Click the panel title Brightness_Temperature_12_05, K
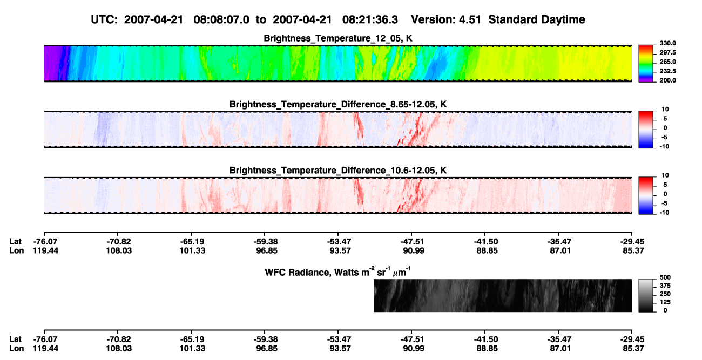[338, 38]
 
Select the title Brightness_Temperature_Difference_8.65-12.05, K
[338, 104]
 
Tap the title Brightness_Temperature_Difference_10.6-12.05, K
[338, 171]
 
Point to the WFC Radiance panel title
[338, 271]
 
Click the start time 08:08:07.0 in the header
[221, 20]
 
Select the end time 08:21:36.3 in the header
[370, 20]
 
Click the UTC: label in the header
[104, 20]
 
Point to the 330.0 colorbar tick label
[667, 43]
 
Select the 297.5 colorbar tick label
[667, 52]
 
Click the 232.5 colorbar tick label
[667, 71]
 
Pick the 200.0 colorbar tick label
[667, 80]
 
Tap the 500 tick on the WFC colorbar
[665, 277]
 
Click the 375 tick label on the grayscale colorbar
[665, 286]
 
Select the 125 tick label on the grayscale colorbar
[665, 302]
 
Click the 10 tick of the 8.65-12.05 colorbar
[665, 110]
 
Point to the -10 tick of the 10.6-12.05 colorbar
[664, 213]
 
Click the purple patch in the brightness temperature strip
[51, 63]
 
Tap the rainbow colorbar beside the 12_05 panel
[646, 64]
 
